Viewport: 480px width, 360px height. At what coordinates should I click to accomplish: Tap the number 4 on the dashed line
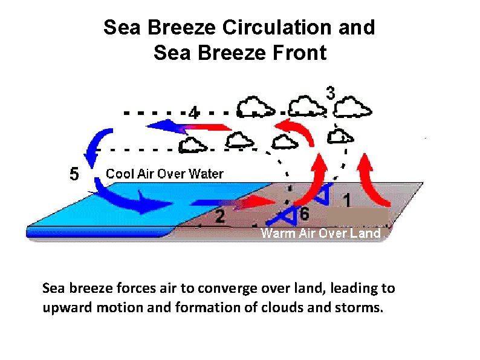point(193,112)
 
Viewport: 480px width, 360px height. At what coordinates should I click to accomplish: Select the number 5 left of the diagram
point(73,174)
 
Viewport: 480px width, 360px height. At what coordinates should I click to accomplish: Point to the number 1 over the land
point(346,198)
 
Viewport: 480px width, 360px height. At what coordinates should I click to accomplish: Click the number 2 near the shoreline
point(220,216)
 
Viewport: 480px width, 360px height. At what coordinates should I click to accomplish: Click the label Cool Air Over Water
point(164,174)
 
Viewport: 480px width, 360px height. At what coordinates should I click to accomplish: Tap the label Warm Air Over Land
point(320,233)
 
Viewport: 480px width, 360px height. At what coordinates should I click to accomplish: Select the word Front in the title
point(298,53)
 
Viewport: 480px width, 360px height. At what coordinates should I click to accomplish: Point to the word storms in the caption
point(361,307)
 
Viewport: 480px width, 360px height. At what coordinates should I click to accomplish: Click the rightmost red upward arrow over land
point(374,182)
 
